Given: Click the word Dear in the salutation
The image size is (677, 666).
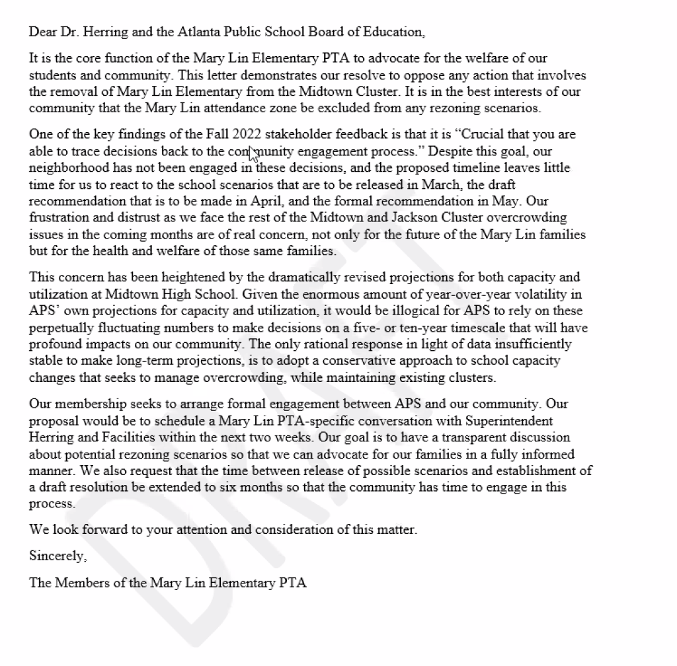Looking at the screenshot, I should click(x=42, y=31).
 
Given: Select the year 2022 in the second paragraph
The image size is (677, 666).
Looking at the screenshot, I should click(x=247, y=135).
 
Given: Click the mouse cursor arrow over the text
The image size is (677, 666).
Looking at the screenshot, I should click(x=252, y=154).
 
